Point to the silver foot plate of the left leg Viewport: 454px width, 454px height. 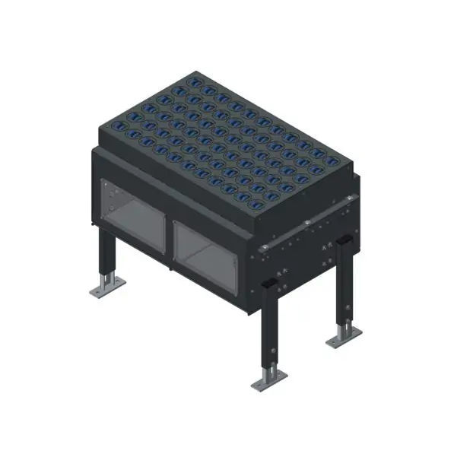tap(107, 287)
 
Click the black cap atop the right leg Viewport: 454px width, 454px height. tap(344, 240)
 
